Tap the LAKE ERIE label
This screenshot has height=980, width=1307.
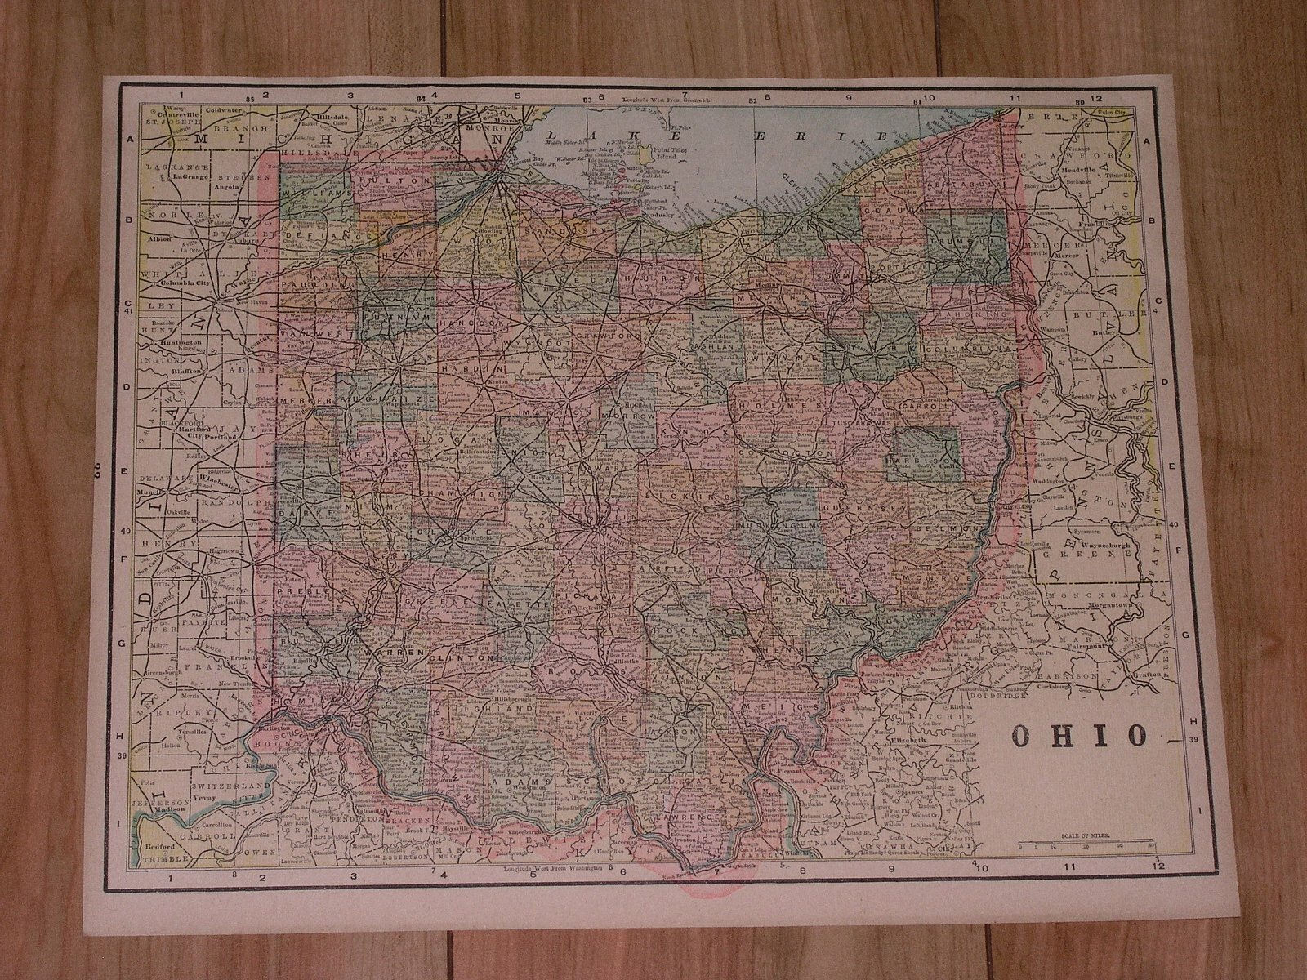[x=719, y=136]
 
